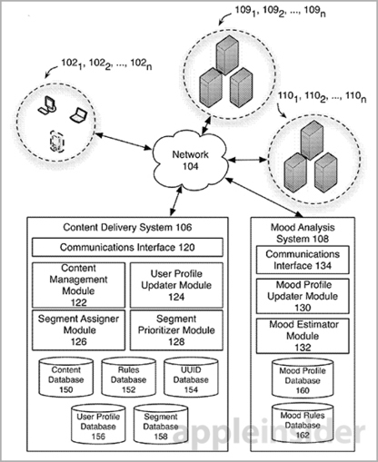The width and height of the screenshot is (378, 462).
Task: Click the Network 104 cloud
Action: coord(190,161)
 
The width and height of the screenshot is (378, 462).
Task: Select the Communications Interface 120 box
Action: coord(127,247)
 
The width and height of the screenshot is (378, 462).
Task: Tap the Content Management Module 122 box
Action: coord(78,285)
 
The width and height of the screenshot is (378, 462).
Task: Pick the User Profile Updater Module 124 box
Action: coord(176,285)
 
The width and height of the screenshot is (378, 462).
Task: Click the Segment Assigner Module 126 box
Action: coord(78,330)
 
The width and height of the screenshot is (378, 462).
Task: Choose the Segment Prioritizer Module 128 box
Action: coord(176,330)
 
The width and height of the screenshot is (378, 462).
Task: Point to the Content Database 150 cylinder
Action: coord(65,378)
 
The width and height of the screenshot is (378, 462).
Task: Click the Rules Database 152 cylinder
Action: coord(128,378)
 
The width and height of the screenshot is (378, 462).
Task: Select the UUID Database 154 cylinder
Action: coord(191,378)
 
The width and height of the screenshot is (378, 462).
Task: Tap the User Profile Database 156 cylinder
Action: coord(98,424)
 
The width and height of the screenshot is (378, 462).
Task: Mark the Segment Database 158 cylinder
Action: coord(161,424)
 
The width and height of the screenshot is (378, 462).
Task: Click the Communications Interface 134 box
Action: coord(303,260)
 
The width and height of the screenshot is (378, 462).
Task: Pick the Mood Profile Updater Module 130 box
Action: coord(303,296)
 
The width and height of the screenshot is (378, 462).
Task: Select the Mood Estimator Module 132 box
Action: coord(303,336)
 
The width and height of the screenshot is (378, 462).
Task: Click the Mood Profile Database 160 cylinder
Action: coord(303,378)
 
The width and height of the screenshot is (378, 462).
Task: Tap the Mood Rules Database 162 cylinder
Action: coord(303,423)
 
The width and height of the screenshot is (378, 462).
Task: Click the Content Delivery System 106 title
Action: coord(127,227)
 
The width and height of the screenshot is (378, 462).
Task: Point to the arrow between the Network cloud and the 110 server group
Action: coord(248,160)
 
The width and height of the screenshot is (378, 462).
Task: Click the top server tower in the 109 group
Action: coord(227,54)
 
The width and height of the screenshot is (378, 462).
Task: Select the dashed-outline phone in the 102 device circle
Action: coord(57,142)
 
